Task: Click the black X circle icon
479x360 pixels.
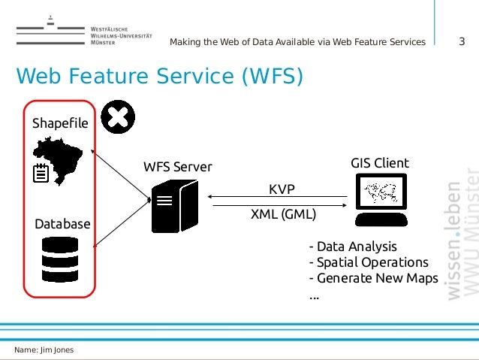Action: pos(118,116)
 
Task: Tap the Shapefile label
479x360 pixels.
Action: pos(60,123)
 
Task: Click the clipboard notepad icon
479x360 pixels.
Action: pos(41,174)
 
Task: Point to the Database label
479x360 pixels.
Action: pos(62,224)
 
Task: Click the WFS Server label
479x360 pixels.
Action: pos(178,166)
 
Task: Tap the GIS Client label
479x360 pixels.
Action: pos(380,163)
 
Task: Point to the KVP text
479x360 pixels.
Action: pos(282,188)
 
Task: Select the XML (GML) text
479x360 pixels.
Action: pos(283,213)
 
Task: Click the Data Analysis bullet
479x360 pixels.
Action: pos(352,247)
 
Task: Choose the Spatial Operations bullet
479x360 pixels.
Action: pos(368,262)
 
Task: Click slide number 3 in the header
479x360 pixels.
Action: pos(462,41)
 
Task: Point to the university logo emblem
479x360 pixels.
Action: pos(50,31)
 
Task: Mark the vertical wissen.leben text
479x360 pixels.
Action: pos(453,240)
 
